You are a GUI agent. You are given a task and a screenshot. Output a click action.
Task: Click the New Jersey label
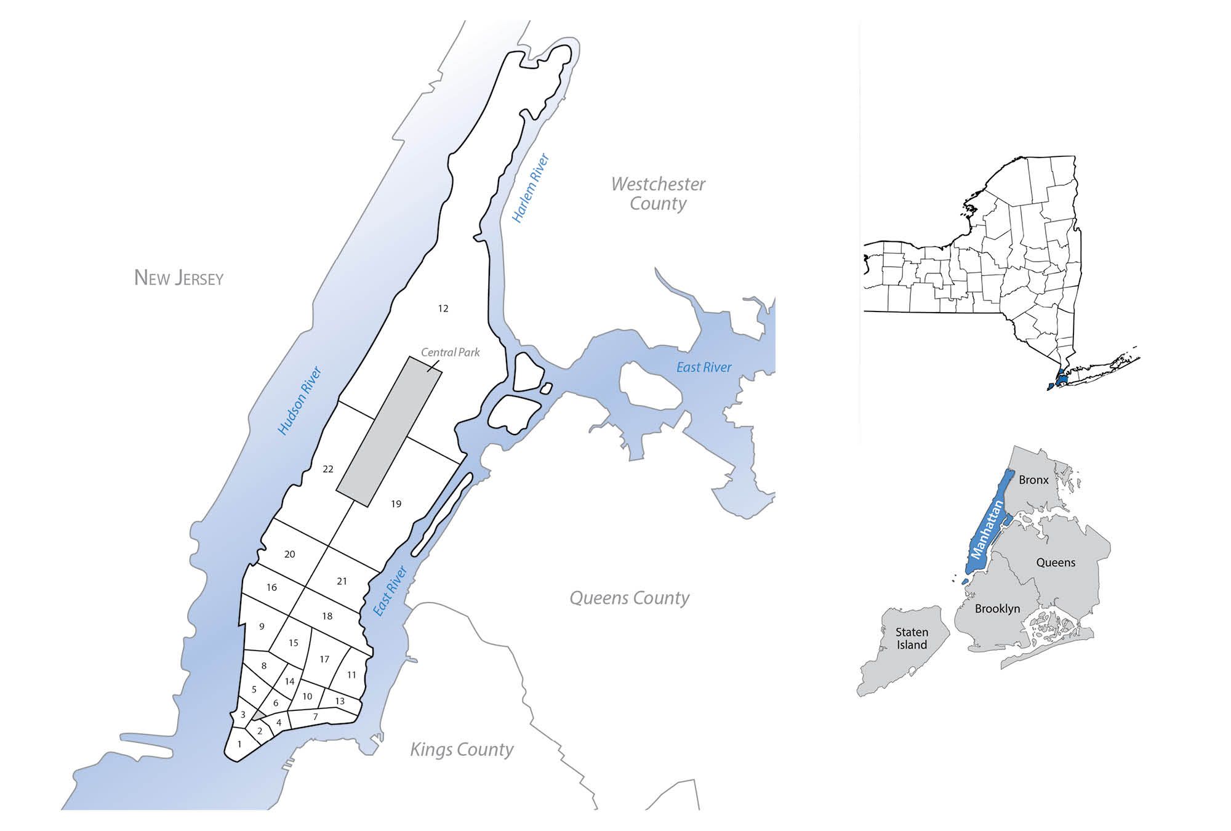(178, 278)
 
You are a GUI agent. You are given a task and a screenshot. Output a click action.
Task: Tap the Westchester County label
(658, 193)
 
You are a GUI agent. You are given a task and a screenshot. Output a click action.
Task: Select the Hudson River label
(300, 401)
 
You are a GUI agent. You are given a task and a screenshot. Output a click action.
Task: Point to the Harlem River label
(530, 188)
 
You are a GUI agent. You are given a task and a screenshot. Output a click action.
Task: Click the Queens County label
(629, 598)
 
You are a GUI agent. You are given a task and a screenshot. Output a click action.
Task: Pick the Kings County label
(462, 749)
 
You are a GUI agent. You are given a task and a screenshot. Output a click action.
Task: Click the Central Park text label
(450, 352)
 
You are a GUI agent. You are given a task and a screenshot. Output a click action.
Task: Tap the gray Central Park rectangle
(389, 431)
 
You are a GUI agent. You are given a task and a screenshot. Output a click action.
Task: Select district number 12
(443, 308)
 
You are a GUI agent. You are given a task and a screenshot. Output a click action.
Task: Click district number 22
(328, 469)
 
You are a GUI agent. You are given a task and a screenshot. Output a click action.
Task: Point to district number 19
(396, 504)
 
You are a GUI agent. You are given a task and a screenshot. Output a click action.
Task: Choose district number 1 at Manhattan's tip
(239, 744)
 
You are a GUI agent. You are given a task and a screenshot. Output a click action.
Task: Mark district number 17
(324, 659)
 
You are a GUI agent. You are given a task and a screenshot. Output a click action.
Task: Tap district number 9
(262, 627)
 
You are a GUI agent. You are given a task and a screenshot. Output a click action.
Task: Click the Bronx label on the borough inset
(1033, 480)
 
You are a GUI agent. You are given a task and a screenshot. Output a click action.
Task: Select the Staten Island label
(912, 638)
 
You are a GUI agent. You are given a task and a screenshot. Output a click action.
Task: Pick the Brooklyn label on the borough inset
(997, 609)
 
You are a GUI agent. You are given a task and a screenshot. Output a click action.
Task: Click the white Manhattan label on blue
(986, 530)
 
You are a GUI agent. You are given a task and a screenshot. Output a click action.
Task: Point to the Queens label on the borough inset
(1056, 563)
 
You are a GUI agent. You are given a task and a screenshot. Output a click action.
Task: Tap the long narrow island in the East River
(441, 515)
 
